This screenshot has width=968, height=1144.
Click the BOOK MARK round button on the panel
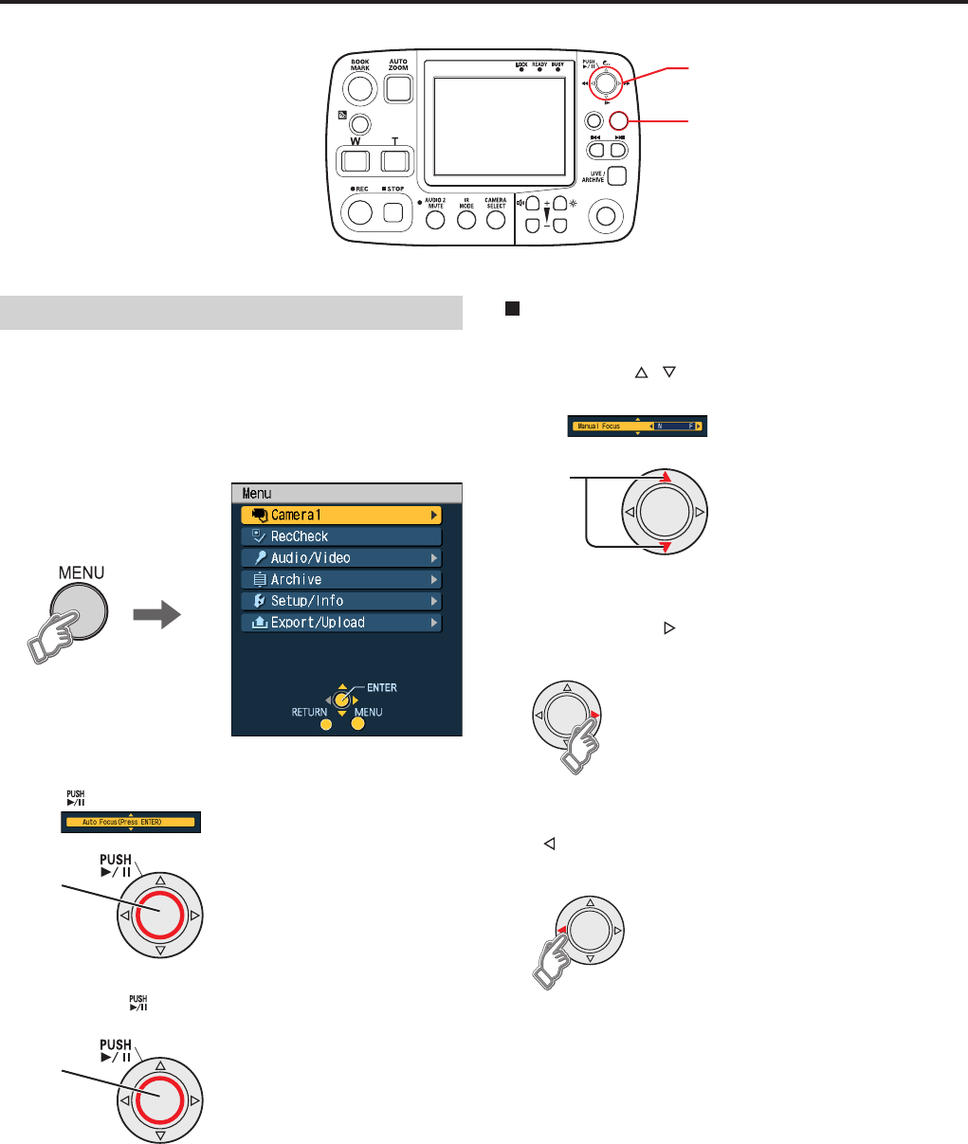(x=359, y=88)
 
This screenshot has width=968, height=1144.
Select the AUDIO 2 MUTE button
(x=436, y=219)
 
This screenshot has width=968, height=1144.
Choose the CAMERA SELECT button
(x=495, y=219)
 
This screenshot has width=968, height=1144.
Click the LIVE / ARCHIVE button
(x=617, y=175)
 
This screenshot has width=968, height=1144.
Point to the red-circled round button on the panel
(x=619, y=121)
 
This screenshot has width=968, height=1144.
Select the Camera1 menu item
(x=341, y=515)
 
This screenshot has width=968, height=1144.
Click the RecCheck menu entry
(x=341, y=536)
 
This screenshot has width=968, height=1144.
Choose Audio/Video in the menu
(x=341, y=558)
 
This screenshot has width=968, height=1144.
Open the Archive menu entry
(x=341, y=579)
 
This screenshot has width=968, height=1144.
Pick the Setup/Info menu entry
(x=341, y=601)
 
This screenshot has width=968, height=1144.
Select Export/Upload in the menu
(x=341, y=623)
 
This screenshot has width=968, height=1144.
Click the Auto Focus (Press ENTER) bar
(x=130, y=822)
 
